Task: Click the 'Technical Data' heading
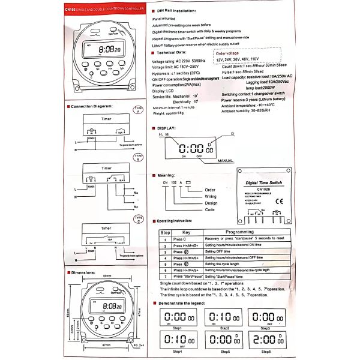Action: click(172, 53)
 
